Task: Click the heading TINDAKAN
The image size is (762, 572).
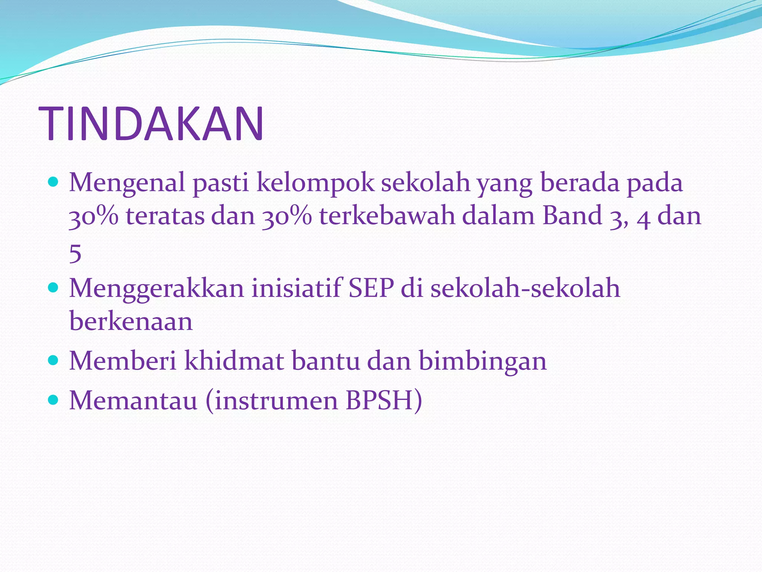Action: [151, 124]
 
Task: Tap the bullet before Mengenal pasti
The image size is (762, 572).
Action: [54, 182]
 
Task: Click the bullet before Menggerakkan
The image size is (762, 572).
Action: [54, 288]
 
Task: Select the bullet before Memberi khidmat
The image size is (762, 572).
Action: [54, 360]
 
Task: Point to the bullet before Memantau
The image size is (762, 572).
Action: [54, 400]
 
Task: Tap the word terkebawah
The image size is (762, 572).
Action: [387, 216]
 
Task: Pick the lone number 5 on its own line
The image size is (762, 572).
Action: [75, 254]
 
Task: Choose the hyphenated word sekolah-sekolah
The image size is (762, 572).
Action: [525, 288]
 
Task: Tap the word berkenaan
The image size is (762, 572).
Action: [131, 321]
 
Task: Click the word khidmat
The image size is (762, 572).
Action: [234, 360]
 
